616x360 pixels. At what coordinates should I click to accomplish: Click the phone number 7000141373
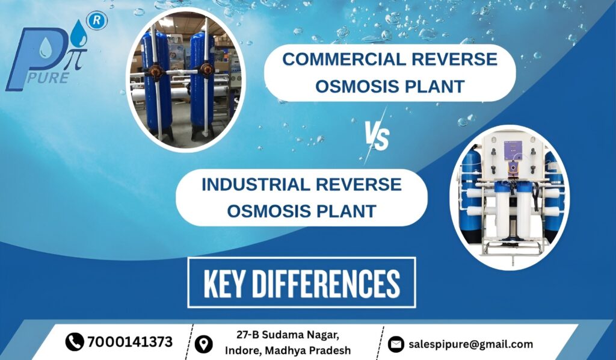tap(130, 342)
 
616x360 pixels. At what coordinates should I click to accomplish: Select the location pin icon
tap(205, 344)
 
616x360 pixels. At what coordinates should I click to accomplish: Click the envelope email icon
tap(395, 344)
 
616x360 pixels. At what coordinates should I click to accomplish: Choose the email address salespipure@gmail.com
tap(470, 344)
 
